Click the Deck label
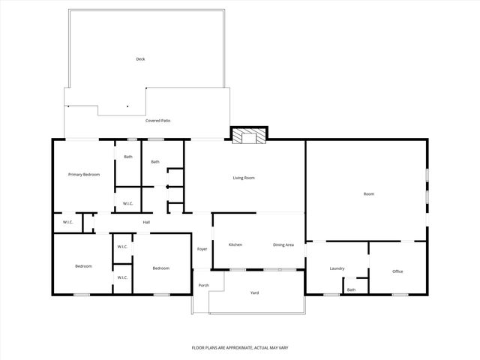tap(139, 59)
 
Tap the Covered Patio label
tap(158, 120)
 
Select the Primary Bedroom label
tap(84, 174)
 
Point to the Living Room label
tap(244, 178)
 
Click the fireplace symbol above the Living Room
tap(248, 136)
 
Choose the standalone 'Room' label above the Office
tap(368, 194)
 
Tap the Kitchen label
tap(235, 245)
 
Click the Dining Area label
tap(283, 245)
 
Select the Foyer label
tap(202, 249)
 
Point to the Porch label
tap(203, 285)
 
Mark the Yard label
tap(254, 292)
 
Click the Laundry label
tap(337, 268)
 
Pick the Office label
tap(397, 271)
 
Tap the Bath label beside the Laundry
tap(351, 289)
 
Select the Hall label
tap(147, 221)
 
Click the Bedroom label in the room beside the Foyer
tap(160, 268)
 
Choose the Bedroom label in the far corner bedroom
tap(83, 266)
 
